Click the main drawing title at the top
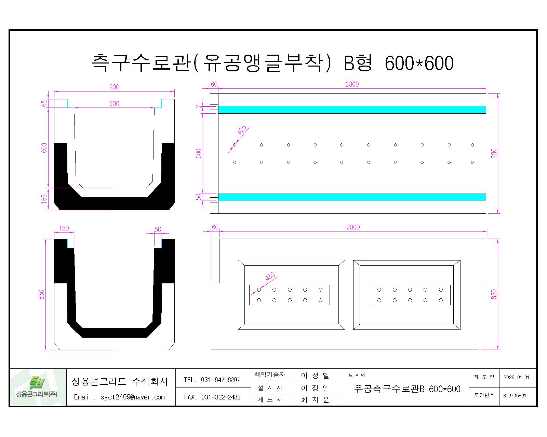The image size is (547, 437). [272, 63]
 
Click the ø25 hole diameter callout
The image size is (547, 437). [242, 130]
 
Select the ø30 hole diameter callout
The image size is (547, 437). [270, 277]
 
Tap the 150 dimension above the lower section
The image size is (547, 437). [64, 228]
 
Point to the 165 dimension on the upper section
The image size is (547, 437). [44, 199]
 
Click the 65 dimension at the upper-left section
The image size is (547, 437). [44, 103]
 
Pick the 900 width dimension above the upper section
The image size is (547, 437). [114, 87]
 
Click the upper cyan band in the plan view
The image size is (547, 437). [352, 110]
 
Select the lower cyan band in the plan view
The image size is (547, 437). [352, 197]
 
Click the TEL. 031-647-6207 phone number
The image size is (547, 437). [212, 380]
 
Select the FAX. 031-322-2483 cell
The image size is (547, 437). [212, 397]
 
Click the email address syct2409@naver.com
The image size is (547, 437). [119, 397]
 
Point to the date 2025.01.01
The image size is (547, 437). [516, 378]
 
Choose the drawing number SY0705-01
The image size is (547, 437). [515, 396]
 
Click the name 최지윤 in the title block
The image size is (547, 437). [315, 400]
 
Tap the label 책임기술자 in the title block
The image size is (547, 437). [270, 375]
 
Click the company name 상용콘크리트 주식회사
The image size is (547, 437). [120, 381]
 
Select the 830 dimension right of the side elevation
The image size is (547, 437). [494, 294]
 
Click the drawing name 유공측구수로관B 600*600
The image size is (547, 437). [408, 389]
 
